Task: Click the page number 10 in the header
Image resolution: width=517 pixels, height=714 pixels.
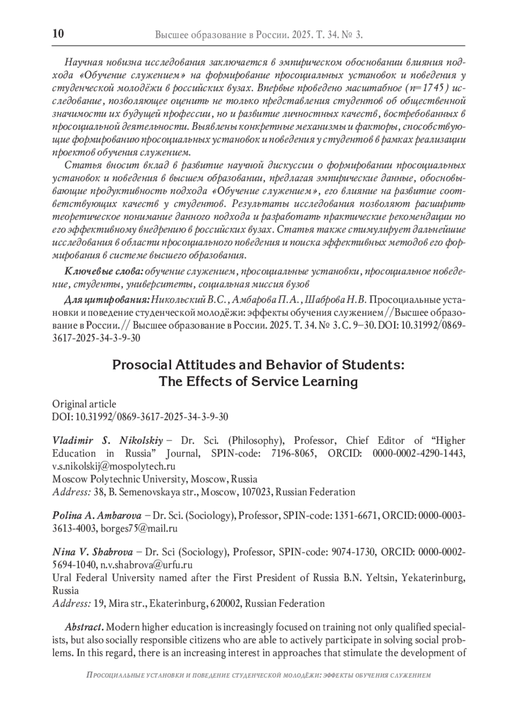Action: (x=58, y=34)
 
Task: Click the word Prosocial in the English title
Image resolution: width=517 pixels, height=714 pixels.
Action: (x=141, y=365)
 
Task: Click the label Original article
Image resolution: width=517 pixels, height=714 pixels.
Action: (x=84, y=404)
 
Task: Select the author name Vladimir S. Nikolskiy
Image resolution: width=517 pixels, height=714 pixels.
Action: (x=107, y=441)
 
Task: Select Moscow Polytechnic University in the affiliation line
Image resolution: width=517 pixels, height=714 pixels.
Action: (x=119, y=479)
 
